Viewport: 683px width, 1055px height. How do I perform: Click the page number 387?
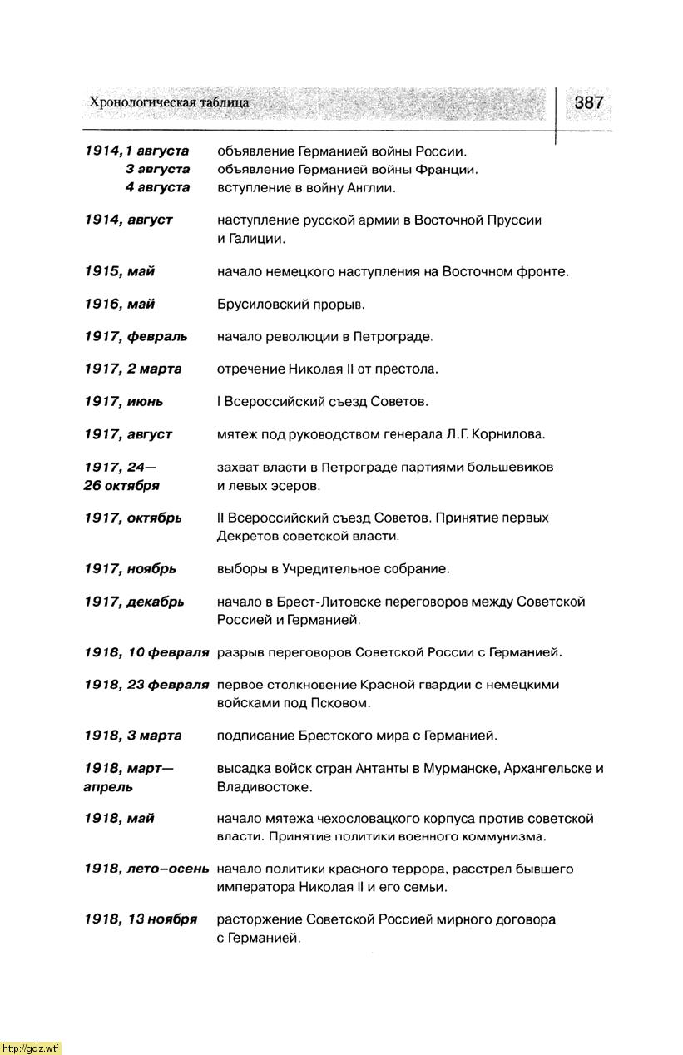[x=588, y=103]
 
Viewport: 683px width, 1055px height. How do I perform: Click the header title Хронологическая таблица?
[x=169, y=103]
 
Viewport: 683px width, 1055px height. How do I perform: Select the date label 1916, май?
[x=119, y=304]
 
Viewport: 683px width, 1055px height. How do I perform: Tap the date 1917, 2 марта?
[x=132, y=369]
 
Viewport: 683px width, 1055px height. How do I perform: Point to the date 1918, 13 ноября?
[x=141, y=919]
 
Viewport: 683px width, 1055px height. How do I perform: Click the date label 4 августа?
[x=157, y=187]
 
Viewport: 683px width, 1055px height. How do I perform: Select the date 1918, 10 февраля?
[x=146, y=652]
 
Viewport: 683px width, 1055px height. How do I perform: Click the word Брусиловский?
[x=263, y=305]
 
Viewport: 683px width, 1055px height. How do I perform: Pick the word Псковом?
[x=344, y=703]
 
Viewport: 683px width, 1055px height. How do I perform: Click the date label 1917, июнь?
[x=123, y=401]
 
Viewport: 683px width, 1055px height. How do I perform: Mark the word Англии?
[x=370, y=188]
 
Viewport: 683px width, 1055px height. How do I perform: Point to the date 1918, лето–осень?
[x=146, y=869]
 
